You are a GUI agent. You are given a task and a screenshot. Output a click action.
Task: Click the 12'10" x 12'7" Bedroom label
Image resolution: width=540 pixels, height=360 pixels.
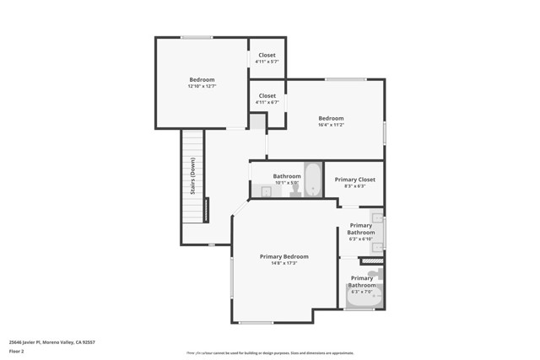(x=202, y=80)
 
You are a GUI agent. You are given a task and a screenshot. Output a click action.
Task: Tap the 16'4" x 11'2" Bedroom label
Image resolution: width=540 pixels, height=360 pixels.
(x=331, y=118)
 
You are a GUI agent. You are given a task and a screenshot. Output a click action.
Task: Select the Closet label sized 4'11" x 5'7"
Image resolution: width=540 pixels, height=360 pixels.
(x=267, y=56)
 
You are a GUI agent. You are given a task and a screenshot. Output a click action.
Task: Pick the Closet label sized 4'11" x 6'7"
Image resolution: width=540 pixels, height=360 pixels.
(x=267, y=96)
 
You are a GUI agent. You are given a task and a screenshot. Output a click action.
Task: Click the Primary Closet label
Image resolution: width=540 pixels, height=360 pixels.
(x=354, y=180)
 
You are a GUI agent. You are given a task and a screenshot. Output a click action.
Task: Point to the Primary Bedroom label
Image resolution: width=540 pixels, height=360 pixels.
(x=283, y=256)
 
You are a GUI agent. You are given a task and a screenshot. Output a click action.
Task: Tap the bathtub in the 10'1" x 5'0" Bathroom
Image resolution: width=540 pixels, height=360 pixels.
(x=312, y=179)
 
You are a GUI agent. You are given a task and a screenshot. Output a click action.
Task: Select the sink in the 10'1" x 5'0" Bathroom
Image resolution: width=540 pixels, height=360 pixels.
(x=266, y=191)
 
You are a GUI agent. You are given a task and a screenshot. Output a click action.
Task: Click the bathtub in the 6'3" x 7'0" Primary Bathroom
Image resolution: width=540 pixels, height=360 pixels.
(x=364, y=297)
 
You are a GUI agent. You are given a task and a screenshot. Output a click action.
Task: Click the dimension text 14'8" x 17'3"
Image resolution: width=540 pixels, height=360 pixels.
(x=283, y=263)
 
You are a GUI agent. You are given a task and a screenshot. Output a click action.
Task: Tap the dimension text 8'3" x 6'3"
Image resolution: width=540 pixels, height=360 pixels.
(x=354, y=186)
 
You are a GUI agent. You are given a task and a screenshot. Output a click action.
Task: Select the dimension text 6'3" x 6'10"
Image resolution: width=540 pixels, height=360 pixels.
(x=361, y=239)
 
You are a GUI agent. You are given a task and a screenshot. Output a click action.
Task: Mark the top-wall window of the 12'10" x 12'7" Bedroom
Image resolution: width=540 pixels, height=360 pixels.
(x=196, y=37)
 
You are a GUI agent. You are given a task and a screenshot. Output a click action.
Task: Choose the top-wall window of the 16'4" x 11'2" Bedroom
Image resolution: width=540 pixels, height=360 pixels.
(x=346, y=79)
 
